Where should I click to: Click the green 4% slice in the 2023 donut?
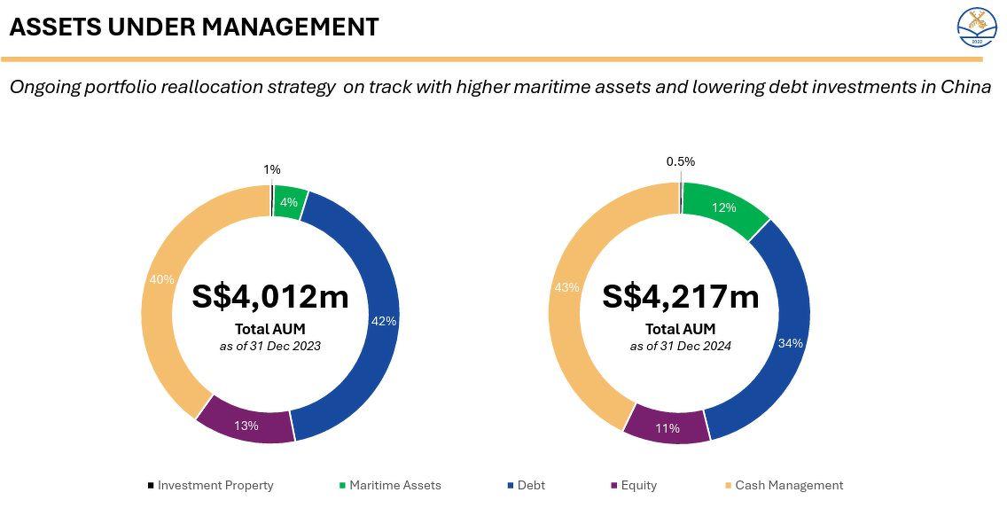click(x=289, y=202)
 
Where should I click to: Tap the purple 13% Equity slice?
click(x=247, y=425)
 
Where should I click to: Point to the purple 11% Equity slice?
click(x=667, y=427)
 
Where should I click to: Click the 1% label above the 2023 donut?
click(x=271, y=169)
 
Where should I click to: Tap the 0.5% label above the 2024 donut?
click(x=681, y=161)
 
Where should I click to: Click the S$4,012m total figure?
click(x=270, y=296)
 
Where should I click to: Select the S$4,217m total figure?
click(x=681, y=296)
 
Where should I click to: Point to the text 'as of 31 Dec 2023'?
click(x=270, y=346)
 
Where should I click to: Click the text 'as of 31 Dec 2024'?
click(x=681, y=346)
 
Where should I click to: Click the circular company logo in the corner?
click(x=977, y=27)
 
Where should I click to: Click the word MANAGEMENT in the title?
click(x=290, y=27)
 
